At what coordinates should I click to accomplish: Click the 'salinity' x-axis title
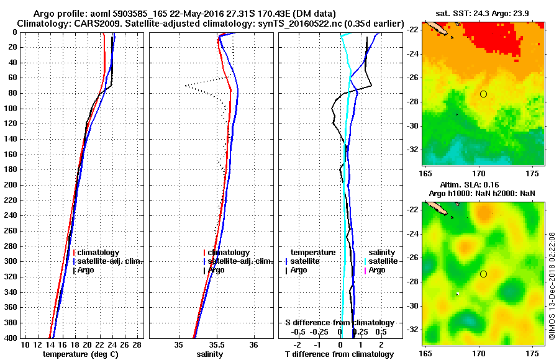point(209,354)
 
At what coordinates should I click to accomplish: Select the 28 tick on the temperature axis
point(137,345)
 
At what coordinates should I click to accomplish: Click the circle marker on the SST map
point(483,94)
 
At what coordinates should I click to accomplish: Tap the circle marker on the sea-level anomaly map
point(483,274)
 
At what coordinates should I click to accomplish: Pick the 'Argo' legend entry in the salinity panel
point(216,270)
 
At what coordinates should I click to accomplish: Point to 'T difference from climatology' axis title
point(339,354)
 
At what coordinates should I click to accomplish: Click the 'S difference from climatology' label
point(339,323)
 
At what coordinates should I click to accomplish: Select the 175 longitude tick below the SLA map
point(532,353)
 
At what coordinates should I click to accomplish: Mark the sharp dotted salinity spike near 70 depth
point(186,85)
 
